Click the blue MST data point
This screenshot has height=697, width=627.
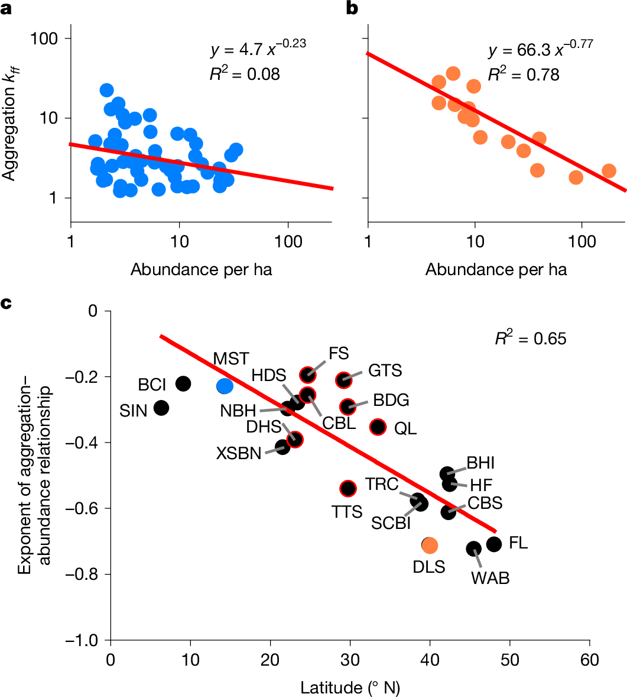pos(225,386)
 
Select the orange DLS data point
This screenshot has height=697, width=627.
pos(430,545)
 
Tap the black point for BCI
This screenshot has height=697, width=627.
pos(183,383)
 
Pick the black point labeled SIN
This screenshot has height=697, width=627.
pos(161,408)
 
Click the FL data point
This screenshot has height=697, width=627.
pos(494,544)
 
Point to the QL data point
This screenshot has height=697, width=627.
pos(378,427)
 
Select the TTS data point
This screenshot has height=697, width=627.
pos(348,488)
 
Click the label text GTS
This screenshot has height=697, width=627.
pos(385,371)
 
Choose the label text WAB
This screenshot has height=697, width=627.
pos(490,578)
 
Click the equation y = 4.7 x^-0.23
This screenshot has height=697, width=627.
pos(258,50)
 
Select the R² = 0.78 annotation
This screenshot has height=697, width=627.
pos(524,75)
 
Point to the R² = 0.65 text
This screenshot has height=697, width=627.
pos(531,339)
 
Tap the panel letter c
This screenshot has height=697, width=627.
pos(7,304)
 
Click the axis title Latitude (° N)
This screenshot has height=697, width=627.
pos(351,688)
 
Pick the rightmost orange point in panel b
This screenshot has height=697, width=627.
pos(609,171)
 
